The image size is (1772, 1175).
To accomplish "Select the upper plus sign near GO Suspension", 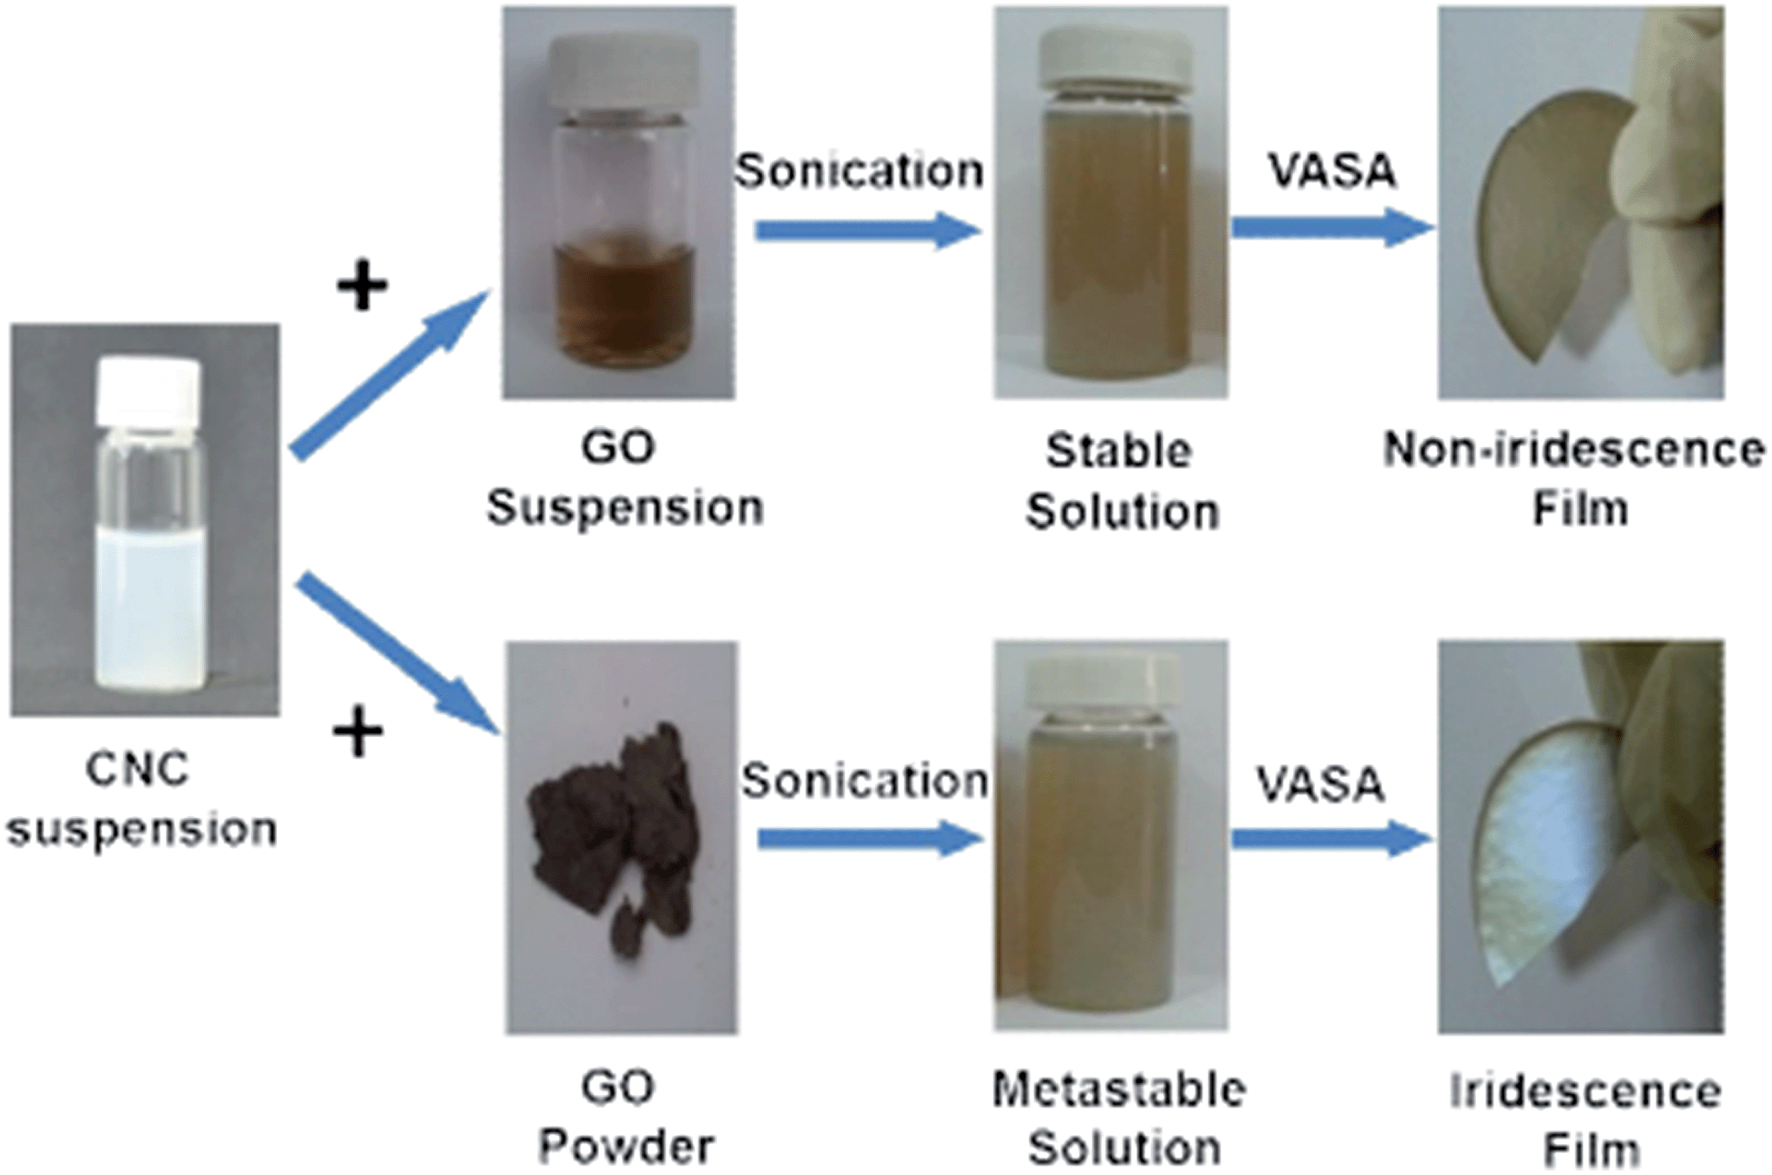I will tap(362, 287).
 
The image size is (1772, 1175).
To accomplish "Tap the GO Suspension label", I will tap(624, 477).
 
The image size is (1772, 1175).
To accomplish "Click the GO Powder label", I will tap(625, 1116).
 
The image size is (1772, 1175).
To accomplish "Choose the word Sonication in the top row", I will tap(859, 170).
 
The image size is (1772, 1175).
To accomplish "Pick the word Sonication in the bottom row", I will tap(863, 781).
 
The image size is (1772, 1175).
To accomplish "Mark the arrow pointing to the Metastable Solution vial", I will tap(870, 838).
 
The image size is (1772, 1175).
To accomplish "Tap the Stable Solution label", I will tap(1121, 481).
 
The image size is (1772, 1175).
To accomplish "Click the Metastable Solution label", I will tap(1121, 1118).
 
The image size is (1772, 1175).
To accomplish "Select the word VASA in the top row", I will tap(1331, 170).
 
